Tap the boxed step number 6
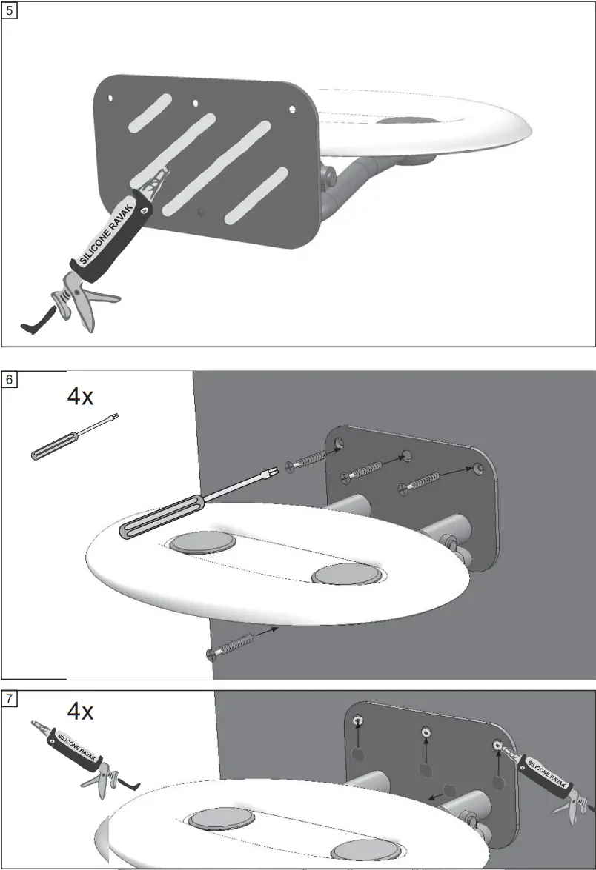[x=10, y=380]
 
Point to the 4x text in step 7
[x=80, y=712]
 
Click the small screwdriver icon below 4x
[x=73, y=438]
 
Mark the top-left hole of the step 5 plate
[x=110, y=96]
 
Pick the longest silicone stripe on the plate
[x=215, y=164]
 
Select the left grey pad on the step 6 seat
[x=202, y=542]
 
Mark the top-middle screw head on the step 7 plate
[x=426, y=732]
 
